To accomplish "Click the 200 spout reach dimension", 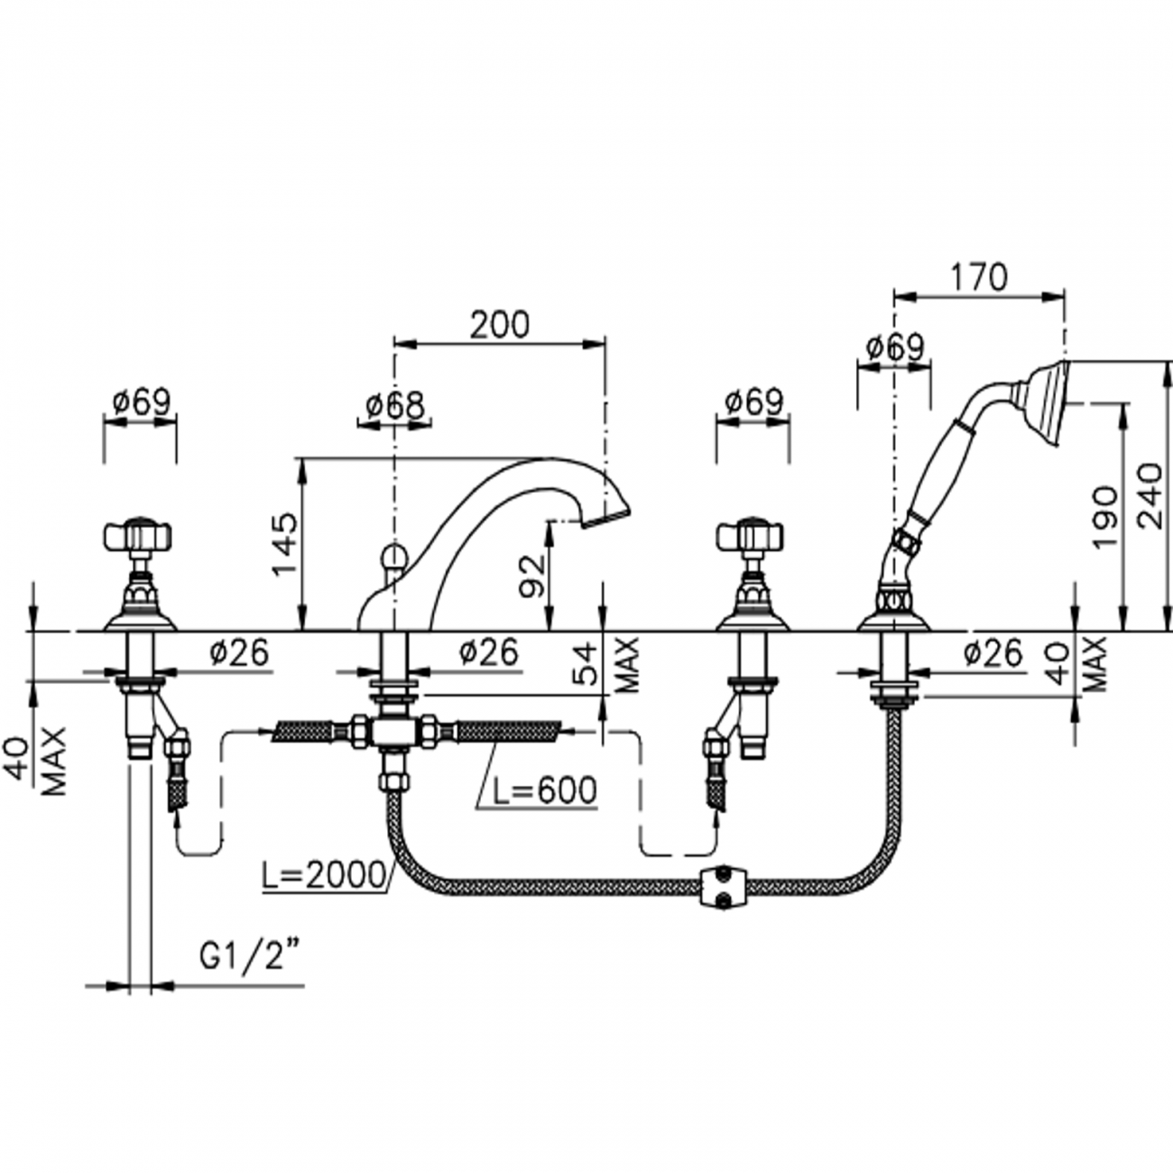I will click(501, 324).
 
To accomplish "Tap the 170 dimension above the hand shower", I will click(978, 277).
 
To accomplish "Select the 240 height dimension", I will click(1150, 496).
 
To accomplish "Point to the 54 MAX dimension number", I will click(587, 664).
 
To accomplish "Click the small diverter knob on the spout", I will click(393, 558).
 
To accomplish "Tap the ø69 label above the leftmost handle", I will click(141, 402).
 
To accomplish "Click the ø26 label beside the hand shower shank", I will click(992, 652).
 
